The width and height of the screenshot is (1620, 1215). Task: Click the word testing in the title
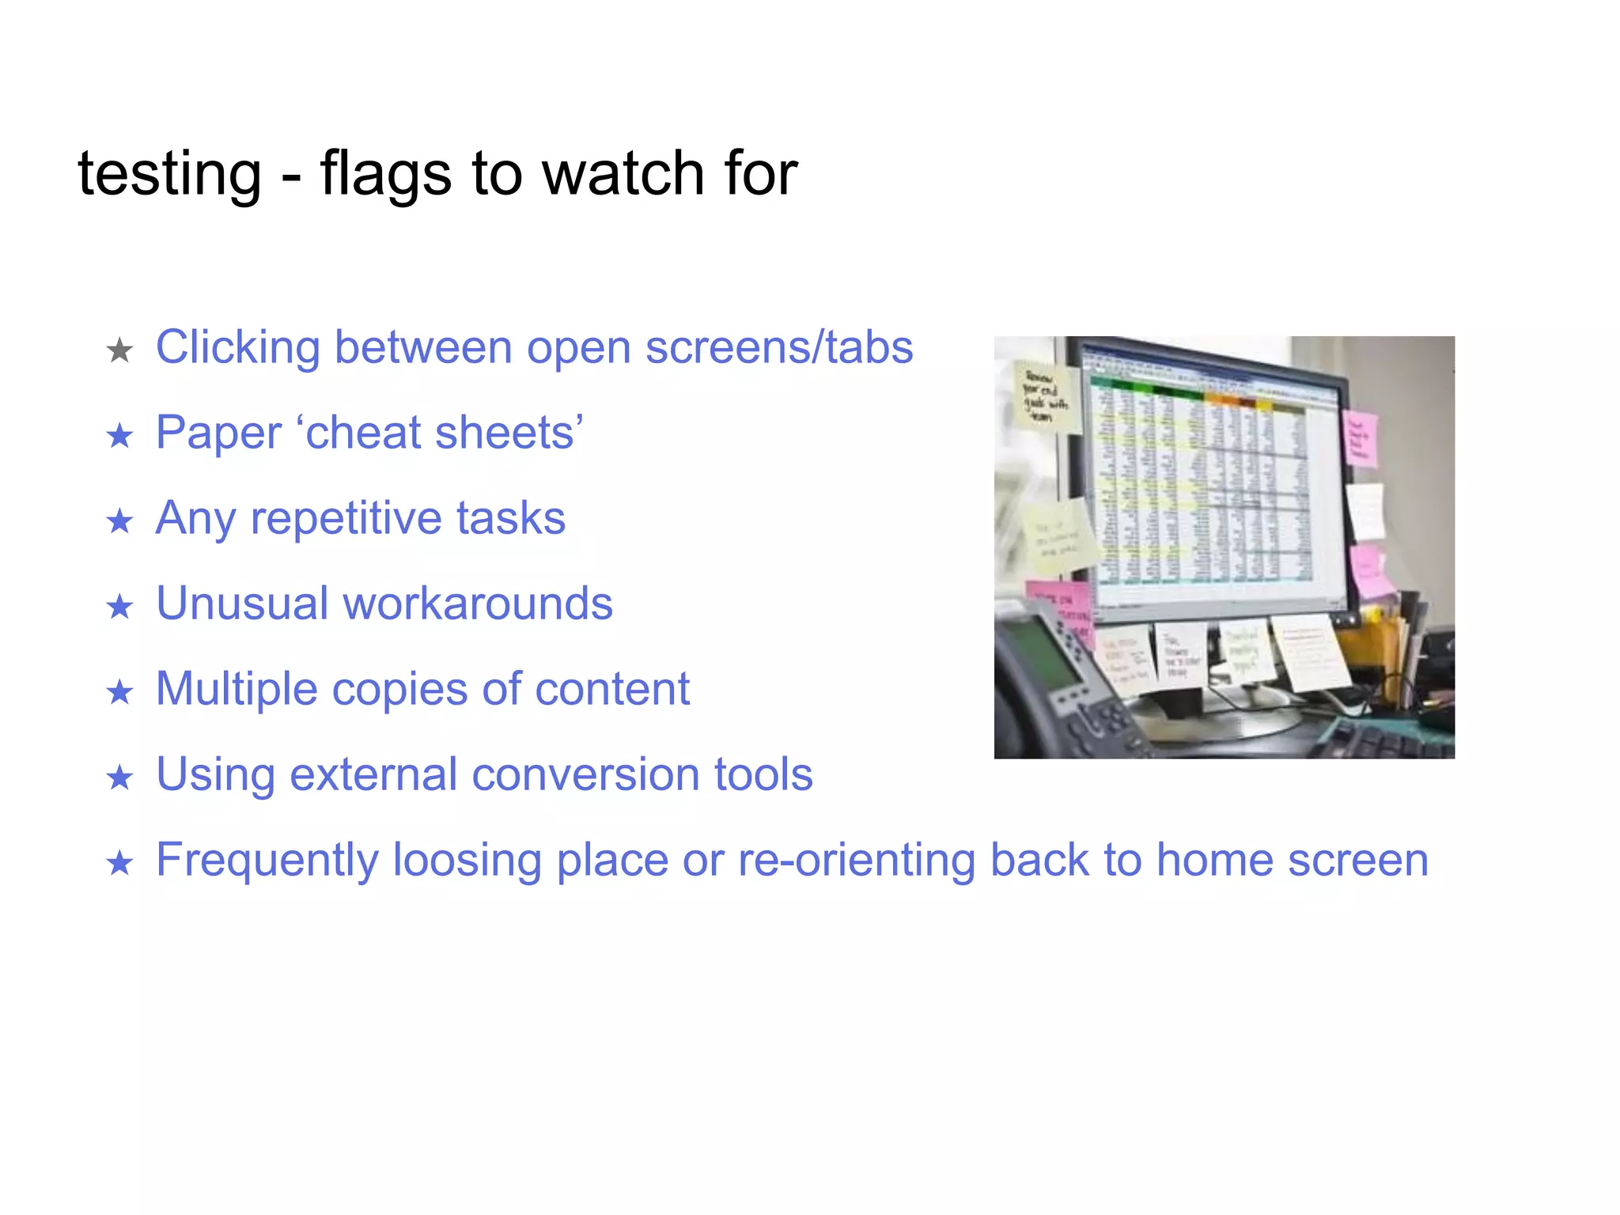click(x=169, y=174)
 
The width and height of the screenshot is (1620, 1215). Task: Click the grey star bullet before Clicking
click(x=119, y=350)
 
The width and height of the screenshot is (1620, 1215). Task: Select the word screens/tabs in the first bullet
click(x=778, y=348)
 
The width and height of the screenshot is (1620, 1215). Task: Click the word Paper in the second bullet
click(x=218, y=433)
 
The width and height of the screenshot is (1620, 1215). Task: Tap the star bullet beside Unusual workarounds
click(x=119, y=607)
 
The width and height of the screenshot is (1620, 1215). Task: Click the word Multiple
click(x=236, y=689)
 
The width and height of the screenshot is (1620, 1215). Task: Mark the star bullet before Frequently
click(x=119, y=863)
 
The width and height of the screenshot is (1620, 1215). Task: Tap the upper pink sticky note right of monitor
click(x=1361, y=437)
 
